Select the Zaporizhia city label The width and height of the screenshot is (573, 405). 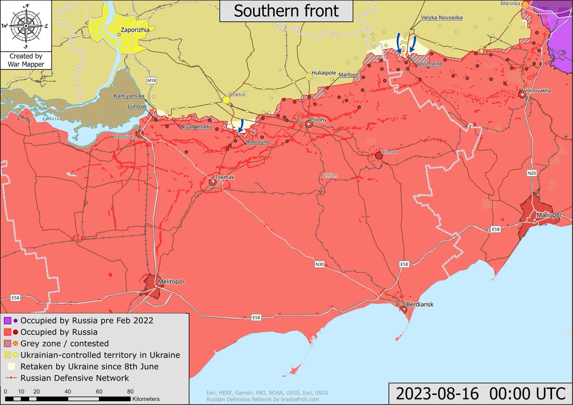(x=136, y=30)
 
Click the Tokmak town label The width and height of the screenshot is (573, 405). (x=225, y=177)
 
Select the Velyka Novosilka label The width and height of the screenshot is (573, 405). (x=442, y=18)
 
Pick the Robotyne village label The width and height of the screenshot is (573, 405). (x=258, y=142)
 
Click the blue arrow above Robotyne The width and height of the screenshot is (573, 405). (x=241, y=126)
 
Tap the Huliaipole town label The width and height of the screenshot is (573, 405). (x=324, y=73)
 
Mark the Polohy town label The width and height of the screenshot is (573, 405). (x=318, y=120)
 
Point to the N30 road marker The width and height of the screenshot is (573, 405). (x=319, y=264)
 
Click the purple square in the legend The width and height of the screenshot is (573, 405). (x=8, y=320)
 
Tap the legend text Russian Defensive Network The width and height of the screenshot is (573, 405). (x=74, y=378)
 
